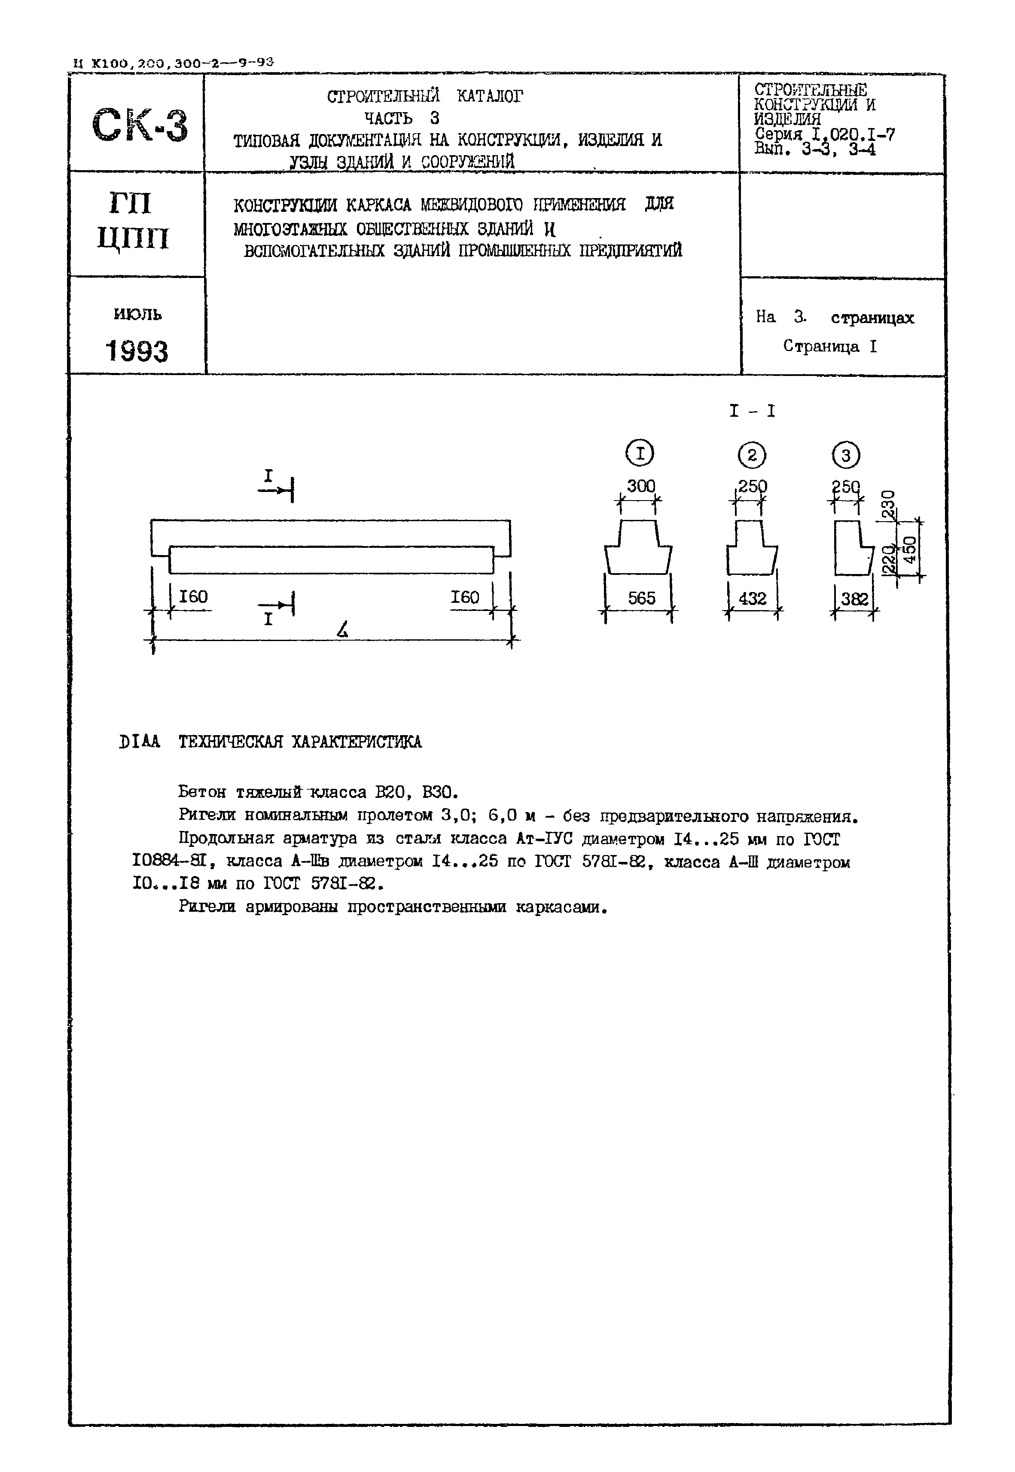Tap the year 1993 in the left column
click(x=137, y=351)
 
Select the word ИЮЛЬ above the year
click(x=137, y=314)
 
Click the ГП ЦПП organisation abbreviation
click(x=134, y=221)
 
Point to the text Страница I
click(x=829, y=347)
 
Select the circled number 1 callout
click(x=640, y=454)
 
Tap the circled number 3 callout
click(x=845, y=455)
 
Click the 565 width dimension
click(x=641, y=598)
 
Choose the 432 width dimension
click(x=753, y=599)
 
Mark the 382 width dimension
click(x=854, y=599)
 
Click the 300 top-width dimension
click(x=640, y=486)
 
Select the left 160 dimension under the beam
click(x=193, y=597)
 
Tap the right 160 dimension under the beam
click(x=465, y=597)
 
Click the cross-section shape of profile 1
click(x=638, y=548)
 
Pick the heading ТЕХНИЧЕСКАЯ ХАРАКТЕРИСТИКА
click(x=299, y=742)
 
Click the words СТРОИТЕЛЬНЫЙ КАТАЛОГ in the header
click(x=425, y=97)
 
